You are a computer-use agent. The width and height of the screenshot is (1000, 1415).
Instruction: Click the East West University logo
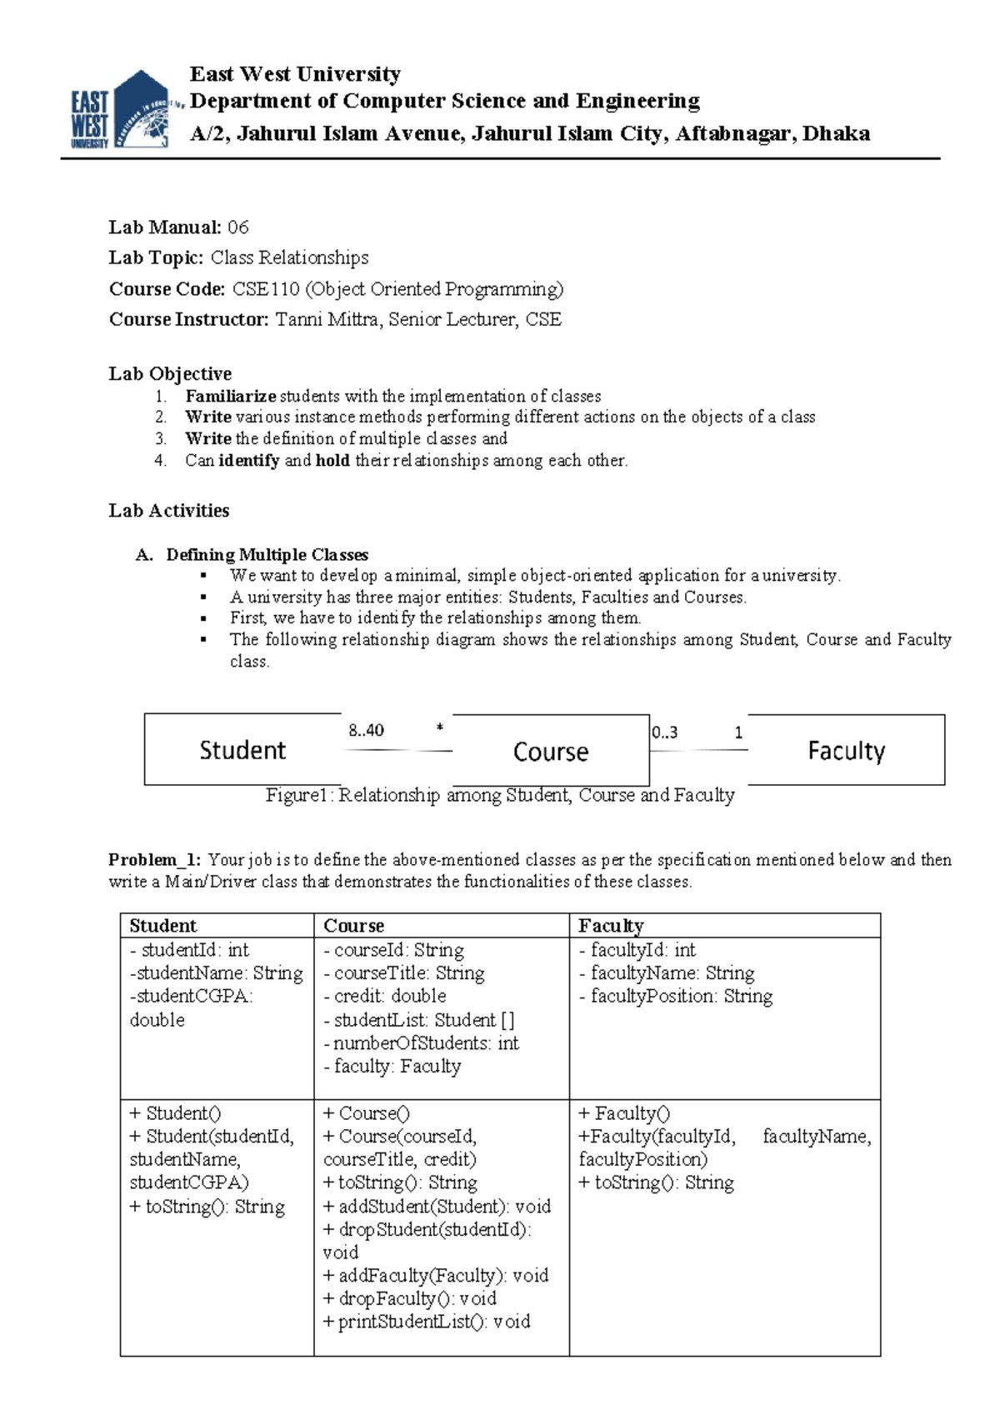[x=119, y=110]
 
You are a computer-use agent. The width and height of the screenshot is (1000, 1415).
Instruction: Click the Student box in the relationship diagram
[x=242, y=750]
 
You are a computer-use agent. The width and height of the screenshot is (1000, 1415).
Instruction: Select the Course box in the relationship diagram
[x=550, y=752]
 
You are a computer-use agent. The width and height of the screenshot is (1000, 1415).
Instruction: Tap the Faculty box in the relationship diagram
[x=846, y=751]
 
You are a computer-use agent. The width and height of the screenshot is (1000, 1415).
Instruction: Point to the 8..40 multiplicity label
[x=366, y=731]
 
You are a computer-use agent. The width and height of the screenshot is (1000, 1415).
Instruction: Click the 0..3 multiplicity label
[x=664, y=732]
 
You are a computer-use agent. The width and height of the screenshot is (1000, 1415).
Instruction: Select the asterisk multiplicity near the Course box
[x=440, y=727]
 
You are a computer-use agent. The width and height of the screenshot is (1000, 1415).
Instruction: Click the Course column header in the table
[x=354, y=926]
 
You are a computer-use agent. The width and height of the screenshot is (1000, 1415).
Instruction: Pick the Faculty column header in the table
[x=611, y=926]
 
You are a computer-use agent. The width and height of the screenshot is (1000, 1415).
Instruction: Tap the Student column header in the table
[x=163, y=926]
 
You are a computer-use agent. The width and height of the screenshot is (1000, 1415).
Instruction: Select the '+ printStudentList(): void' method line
[x=427, y=1322]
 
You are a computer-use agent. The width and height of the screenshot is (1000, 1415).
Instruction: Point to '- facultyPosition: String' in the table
[x=676, y=996]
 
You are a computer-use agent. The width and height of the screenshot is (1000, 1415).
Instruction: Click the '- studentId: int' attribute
[x=189, y=950]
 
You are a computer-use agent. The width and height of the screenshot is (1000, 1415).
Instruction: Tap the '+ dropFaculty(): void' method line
[x=410, y=1298]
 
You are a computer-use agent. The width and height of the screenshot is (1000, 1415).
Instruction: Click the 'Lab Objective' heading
[x=170, y=373]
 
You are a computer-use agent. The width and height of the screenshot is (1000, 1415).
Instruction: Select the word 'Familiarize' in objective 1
[x=230, y=396]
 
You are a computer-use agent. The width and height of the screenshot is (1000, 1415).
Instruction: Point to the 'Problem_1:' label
[x=155, y=859]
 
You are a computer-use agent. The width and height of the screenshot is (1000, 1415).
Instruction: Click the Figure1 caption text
[x=500, y=795]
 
